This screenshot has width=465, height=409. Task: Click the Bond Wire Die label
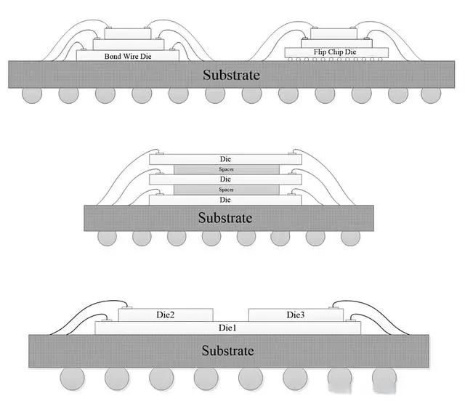tap(127, 54)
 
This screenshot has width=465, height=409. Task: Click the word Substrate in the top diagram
tap(231, 74)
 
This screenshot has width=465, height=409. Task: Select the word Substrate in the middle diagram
tap(227, 217)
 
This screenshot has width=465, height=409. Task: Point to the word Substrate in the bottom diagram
tap(228, 351)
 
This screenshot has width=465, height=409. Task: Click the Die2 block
tap(166, 315)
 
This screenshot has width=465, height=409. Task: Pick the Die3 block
tap(294, 315)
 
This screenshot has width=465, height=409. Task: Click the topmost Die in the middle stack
tap(225, 158)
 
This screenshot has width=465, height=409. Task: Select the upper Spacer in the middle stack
tap(225, 169)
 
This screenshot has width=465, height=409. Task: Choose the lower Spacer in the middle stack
tap(225, 189)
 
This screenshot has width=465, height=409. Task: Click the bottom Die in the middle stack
tap(225, 199)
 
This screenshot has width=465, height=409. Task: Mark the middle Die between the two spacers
tap(225, 179)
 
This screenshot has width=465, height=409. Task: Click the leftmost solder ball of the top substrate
tap(31, 95)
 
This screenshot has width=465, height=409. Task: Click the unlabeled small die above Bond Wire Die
tap(127, 33)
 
